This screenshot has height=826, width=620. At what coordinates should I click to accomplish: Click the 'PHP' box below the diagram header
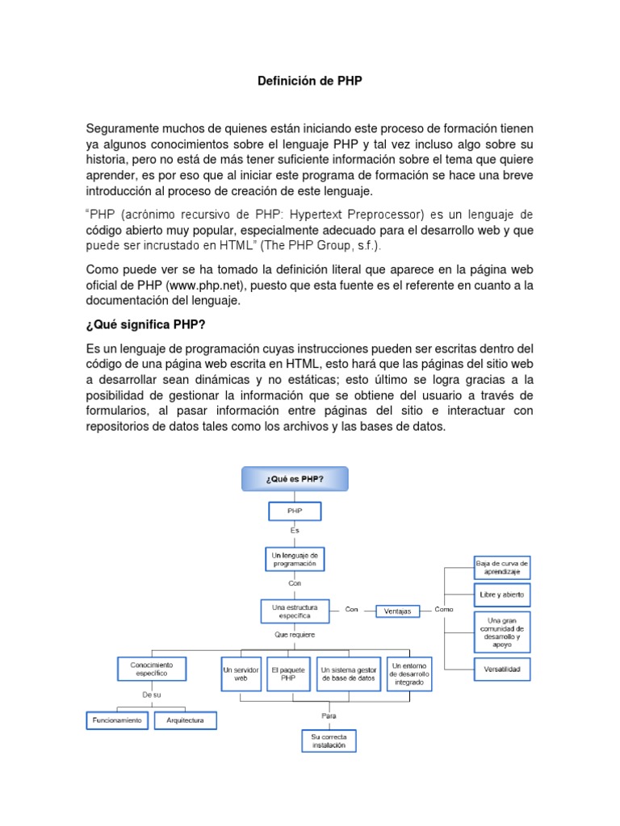click(x=294, y=511)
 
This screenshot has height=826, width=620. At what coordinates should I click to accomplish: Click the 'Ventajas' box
click(x=397, y=611)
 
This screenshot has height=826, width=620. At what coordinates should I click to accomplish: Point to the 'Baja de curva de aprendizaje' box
click(x=502, y=568)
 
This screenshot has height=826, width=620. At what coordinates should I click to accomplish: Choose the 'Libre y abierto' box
click(x=502, y=594)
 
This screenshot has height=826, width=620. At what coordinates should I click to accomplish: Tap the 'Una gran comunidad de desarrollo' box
click(x=502, y=632)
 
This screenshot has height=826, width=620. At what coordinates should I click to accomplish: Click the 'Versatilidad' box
click(x=502, y=669)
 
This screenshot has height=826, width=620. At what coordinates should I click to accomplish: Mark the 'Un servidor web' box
click(x=241, y=674)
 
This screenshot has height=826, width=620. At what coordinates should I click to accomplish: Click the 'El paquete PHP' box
click(x=288, y=674)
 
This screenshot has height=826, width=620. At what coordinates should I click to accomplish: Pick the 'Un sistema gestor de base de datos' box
click(x=348, y=674)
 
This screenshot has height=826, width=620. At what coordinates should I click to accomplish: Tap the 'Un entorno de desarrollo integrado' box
click(x=409, y=673)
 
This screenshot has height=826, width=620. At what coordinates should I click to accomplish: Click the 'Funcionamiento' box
click(x=118, y=720)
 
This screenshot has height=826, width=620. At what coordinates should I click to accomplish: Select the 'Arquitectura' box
click(x=185, y=720)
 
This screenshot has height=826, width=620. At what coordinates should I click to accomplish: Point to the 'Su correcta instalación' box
click(x=328, y=741)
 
